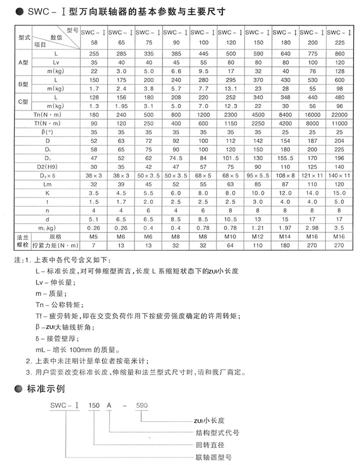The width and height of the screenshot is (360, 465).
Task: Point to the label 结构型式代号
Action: [217, 432]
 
